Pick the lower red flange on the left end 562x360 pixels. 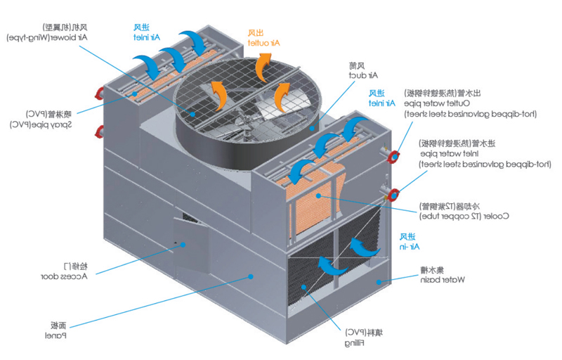(100, 130)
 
